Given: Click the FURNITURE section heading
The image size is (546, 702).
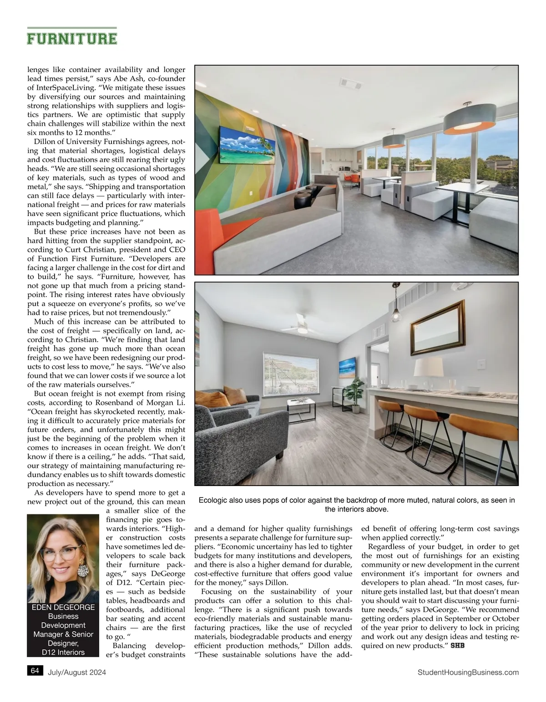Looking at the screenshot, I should (72, 38).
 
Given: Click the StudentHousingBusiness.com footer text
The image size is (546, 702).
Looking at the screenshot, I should (468, 672).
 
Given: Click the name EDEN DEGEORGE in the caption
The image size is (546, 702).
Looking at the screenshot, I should (63, 607).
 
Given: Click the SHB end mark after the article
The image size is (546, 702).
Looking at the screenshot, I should (457, 646).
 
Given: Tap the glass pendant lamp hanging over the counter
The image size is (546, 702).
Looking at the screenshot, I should (396, 311).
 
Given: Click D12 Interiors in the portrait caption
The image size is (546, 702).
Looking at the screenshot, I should (63, 652).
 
